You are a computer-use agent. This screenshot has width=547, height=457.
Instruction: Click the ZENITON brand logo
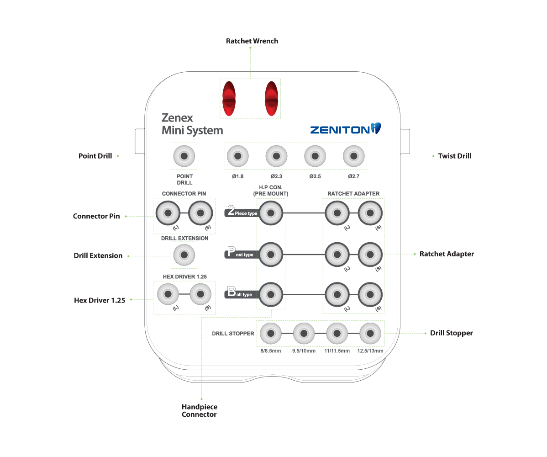pos(345,129)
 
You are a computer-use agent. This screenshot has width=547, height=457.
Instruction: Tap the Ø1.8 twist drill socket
pos(237,156)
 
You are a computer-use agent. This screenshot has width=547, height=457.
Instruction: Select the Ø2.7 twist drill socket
pos(354,156)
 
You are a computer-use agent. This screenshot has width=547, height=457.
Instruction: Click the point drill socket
pos(184,156)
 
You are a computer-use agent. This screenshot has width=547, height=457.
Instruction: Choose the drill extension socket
pos(184,255)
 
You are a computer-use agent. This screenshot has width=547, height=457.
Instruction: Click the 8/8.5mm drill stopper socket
pos(271,333)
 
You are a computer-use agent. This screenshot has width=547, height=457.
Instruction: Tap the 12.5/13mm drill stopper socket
pos(370,333)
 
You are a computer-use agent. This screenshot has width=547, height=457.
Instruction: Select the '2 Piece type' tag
pos(242,212)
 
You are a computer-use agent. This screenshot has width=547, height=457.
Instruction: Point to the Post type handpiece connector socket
pos(271,254)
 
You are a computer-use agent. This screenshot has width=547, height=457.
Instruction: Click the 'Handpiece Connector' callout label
pos(199,410)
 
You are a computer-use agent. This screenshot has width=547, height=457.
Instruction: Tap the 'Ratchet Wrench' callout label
pos(252,41)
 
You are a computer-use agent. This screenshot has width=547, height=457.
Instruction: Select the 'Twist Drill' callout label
pos(454,156)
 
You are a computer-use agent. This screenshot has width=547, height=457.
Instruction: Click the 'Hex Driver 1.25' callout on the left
pos(100,300)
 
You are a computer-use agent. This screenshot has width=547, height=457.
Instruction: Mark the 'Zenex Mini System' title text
pos(192,124)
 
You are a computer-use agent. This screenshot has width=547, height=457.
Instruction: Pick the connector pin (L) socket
pos(168,213)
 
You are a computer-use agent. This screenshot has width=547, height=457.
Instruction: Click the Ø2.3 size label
pos(276,176)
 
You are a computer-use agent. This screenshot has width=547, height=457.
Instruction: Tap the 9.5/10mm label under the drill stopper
pos(304,351)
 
